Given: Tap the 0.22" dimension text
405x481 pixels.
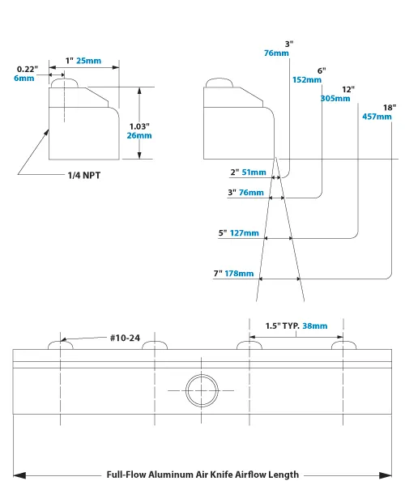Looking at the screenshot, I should [x=27, y=70].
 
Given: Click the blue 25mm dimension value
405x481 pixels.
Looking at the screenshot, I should [x=90, y=61].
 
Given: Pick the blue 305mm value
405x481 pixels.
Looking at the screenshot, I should [x=336, y=98].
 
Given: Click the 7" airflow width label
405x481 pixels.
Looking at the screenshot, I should [x=220, y=275].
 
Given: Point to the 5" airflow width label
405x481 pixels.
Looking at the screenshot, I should [x=222, y=233].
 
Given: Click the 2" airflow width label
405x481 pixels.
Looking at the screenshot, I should [x=235, y=172].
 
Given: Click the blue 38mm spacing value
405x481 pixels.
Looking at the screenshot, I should [x=315, y=326].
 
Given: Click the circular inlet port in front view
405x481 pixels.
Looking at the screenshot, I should [x=199, y=390].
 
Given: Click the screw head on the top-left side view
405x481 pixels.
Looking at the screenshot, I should [x=64, y=83].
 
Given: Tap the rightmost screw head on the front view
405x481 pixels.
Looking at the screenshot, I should [x=345, y=346].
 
